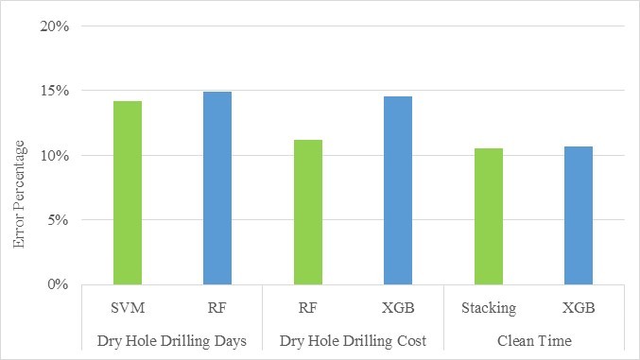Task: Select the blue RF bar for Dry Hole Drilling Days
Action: (216, 188)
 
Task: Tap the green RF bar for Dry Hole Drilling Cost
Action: (307, 212)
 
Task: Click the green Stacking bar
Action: (488, 216)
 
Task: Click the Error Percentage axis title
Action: (19, 193)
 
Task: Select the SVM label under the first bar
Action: (127, 307)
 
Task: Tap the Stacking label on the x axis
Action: (488, 307)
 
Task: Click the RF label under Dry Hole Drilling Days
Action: (216, 307)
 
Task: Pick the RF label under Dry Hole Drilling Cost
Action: (307, 307)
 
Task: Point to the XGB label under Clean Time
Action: (579, 307)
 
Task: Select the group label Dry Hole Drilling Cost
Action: (353, 339)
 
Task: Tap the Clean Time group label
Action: (533, 339)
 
